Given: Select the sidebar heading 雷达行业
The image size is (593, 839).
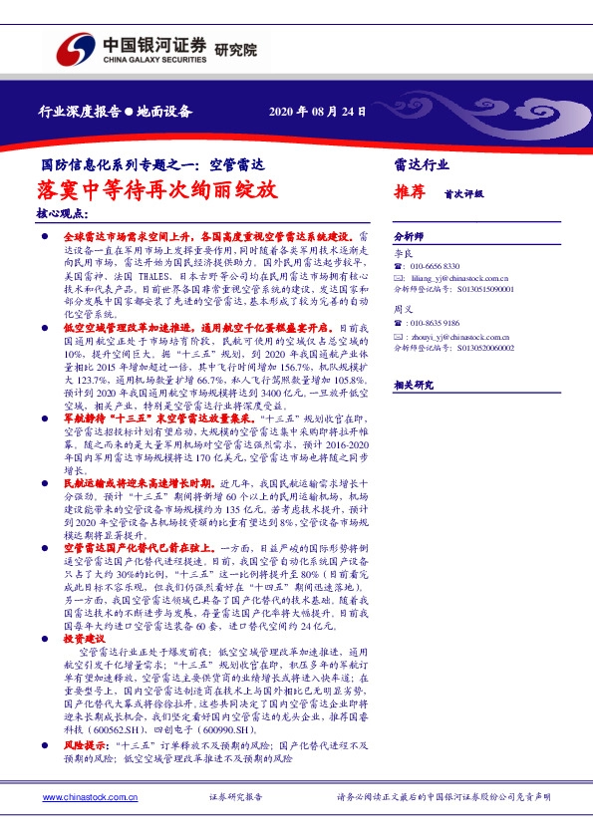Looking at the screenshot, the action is pyautogui.click(x=422, y=164).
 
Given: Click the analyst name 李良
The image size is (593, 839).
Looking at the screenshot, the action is pyautogui.click(x=402, y=254).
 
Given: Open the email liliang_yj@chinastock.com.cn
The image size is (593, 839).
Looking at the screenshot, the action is pyautogui.click(x=459, y=279).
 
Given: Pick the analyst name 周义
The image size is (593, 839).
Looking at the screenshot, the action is pyautogui.click(x=402, y=310).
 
